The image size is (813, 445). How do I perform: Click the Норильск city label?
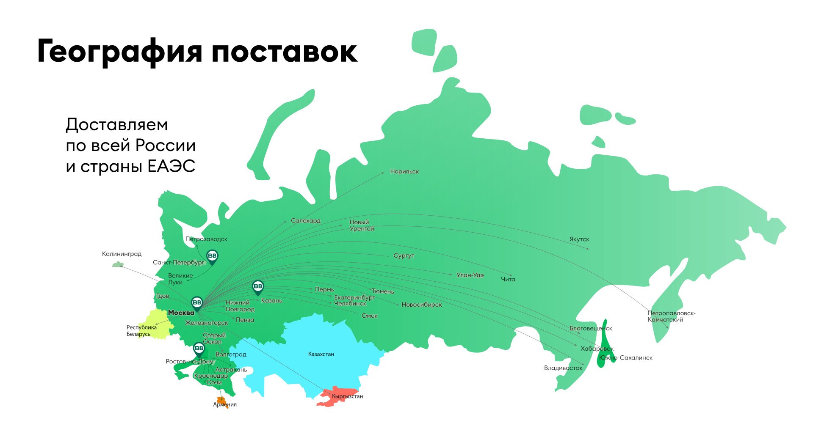(404, 172)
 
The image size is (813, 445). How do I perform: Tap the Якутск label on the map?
(579, 239)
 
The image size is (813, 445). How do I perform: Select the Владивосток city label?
(563, 368)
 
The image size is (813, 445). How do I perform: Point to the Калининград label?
(122, 254)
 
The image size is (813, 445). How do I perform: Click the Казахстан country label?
(321, 354)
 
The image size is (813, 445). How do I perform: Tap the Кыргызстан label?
(347, 396)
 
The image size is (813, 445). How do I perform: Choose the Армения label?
(225, 405)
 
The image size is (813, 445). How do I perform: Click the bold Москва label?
(181, 313)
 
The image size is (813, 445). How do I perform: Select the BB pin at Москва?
(197, 303)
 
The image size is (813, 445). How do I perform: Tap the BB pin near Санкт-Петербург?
(212, 256)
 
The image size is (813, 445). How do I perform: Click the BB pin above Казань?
(257, 287)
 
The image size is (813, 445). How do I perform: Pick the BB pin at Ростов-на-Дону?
(199, 349)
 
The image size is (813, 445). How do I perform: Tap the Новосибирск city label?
(421, 305)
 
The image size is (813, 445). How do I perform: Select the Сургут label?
(404, 256)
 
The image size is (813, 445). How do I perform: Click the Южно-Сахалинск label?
(626, 358)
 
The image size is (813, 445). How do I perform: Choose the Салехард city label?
(305, 221)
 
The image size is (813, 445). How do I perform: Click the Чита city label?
(508, 280)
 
